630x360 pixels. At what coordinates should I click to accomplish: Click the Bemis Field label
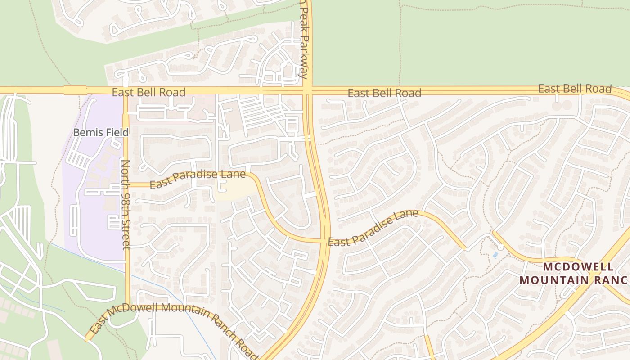pyautogui.click(x=101, y=133)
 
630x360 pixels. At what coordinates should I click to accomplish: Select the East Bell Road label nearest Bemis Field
pyautogui.click(x=148, y=93)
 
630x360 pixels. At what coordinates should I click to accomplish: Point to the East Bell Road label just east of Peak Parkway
pyautogui.click(x=384, y=93)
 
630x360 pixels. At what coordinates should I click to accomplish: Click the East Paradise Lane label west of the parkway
pyautogui.click(x=198, y=179)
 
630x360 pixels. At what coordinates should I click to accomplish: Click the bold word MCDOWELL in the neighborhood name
pyautogui.click(x=571, y=267)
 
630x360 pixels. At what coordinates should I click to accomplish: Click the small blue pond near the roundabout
pyautogui.click(x=495, y=255)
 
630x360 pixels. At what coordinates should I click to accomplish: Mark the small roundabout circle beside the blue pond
pyautogui.click(x=500, y=247)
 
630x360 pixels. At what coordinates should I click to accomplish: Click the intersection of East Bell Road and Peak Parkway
pyautogui.click(x=308, y=90)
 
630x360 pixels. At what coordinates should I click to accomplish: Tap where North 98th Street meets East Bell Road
pyautogui.click(x=126, y=90)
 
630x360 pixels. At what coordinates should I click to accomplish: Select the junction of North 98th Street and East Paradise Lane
pyautogui.click(x=126, y=184)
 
